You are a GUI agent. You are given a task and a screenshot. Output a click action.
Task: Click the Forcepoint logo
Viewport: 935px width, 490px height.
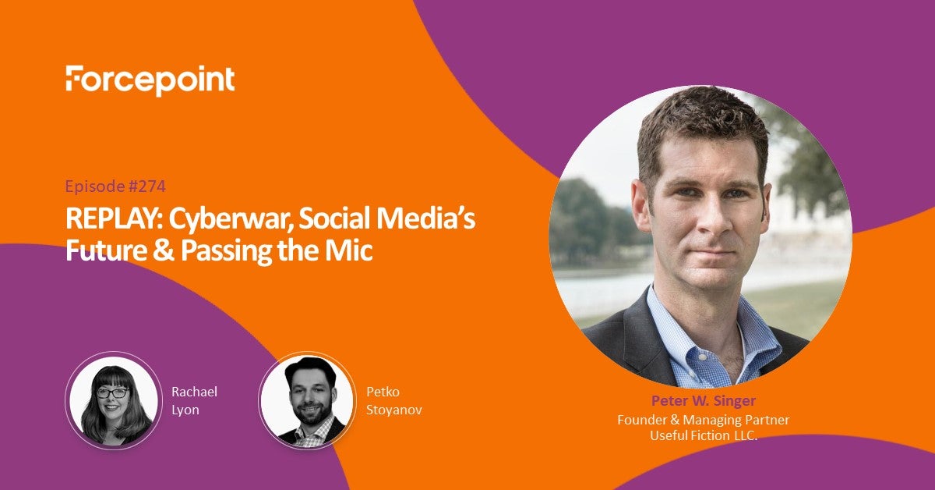tap(150, 80)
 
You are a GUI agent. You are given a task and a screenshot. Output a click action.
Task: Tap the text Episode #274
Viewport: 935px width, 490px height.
tap(115, 186)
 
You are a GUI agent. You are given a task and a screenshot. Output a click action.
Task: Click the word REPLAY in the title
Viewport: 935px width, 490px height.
tap(114, 218)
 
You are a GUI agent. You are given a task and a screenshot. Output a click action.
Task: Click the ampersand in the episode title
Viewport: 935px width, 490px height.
tap(163, 250)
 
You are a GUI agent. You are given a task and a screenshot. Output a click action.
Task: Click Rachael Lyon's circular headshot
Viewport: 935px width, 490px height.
tap(114, 400)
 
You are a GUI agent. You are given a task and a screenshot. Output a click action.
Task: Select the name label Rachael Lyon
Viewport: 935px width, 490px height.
tap(195, 400)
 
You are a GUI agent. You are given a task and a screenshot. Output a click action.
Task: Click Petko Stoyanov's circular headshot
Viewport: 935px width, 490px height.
tap(308, 400)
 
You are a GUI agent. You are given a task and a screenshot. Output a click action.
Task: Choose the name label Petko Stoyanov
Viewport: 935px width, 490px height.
tap(394, 400)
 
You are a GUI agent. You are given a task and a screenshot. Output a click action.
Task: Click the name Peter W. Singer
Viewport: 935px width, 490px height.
tap(704, 400)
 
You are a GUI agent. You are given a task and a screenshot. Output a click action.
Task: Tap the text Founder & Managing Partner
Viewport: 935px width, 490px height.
tap(704, 419)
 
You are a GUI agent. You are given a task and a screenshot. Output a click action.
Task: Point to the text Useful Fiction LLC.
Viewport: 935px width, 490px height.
tap(704, 435)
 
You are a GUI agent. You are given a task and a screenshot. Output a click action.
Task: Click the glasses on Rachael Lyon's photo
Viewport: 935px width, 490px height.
tap(113, 392)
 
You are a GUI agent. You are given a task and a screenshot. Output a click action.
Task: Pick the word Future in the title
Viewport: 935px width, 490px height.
tap(106, 250)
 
